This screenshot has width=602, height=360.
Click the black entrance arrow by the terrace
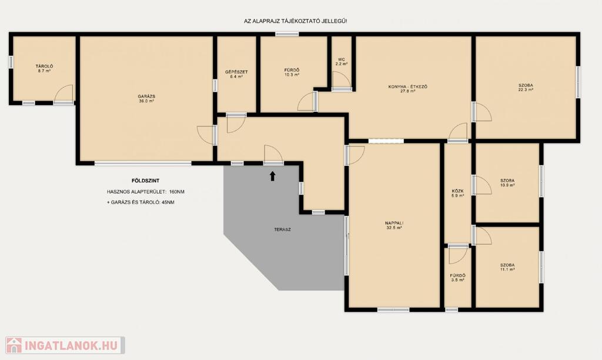tap(273, 176)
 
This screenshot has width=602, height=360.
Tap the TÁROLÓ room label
tap(44, 69)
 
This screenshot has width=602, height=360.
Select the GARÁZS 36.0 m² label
tap(146, 99)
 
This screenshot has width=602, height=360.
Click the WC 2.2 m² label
tap(342, 62)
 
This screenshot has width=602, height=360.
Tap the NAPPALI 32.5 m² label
tap(394, 225)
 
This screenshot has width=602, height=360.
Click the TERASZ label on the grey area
tap(282, 230)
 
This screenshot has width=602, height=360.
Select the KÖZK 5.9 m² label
tap(457, 194)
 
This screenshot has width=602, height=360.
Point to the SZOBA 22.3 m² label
tap(526, 88)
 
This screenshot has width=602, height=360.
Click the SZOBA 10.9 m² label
tap(507, 182)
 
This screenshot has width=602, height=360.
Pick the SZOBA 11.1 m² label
tap(507, 268)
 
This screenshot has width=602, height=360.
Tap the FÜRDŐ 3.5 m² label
tap(457, 278)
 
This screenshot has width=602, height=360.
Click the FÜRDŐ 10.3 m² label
tap(292, 72)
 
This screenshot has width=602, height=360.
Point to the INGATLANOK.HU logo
tap(65, 345)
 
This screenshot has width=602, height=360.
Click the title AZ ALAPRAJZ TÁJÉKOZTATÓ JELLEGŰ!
tap(296, 21)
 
